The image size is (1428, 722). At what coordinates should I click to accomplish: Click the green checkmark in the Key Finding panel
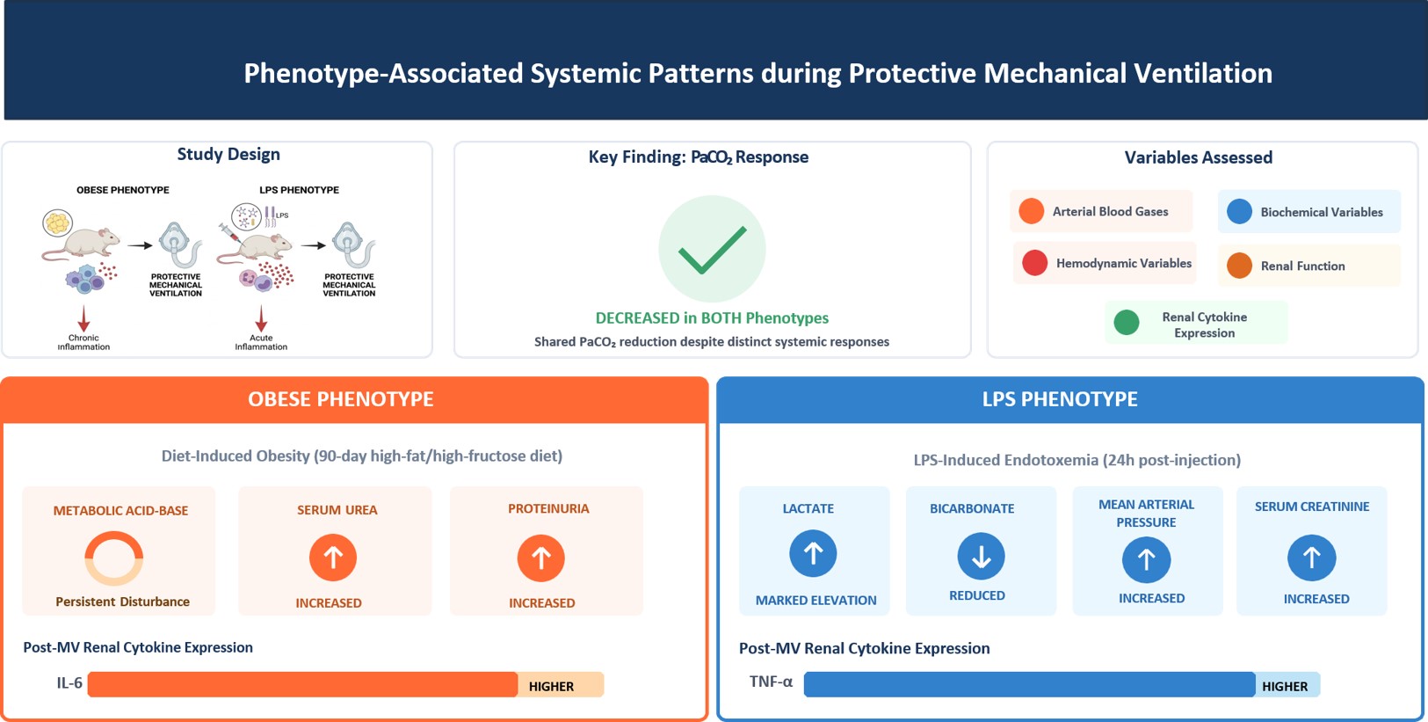(712, 250)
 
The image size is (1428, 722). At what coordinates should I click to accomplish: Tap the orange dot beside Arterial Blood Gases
(1031, 211)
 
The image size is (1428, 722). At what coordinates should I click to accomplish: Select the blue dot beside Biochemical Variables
(1239, 211)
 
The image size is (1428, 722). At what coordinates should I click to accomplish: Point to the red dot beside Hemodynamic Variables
(1034, 263)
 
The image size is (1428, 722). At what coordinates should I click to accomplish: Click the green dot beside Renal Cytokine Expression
(1127, 322)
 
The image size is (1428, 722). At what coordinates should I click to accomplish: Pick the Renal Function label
(1302, 266)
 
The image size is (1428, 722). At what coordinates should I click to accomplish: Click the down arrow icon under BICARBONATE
(981, 556)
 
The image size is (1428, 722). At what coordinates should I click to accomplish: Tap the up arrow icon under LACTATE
(814, 553)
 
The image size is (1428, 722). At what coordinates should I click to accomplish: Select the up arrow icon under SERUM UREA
(333, 558)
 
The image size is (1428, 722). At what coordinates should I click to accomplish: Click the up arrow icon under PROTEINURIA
(540, 558)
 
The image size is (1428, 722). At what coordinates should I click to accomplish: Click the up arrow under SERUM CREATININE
(1311, 558)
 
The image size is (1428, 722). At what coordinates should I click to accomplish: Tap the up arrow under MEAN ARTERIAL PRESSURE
(1146, 559)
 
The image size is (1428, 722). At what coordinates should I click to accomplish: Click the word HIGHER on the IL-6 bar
(552, 686)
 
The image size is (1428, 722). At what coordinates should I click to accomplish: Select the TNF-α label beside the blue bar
(771, 682)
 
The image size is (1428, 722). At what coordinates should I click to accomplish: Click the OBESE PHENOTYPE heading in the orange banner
(340, 399)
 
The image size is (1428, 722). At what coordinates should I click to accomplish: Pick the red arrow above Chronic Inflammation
(83, 317)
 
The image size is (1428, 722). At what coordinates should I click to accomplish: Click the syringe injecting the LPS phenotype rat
(229, 232)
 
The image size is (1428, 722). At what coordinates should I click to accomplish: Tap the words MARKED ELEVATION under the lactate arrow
(816, 600)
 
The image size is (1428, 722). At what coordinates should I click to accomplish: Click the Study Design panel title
(228, 155)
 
